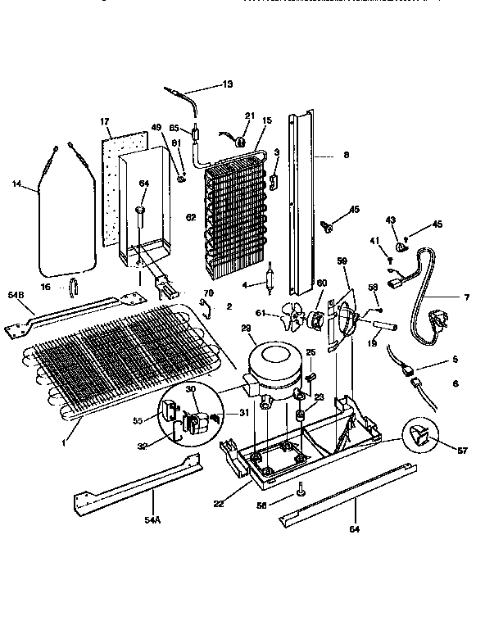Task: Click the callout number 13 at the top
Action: tap(227, 84)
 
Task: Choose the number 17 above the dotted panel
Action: tap(106, 122)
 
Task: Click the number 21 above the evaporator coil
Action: tap(249, 115)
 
